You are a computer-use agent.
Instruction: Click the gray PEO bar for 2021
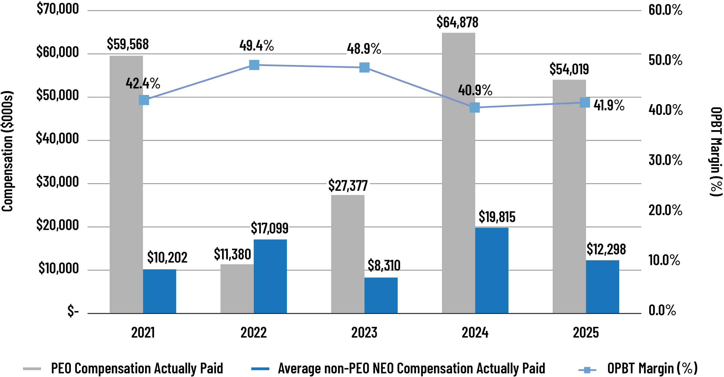point(126,184)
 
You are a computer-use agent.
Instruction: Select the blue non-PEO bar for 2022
point(270,276)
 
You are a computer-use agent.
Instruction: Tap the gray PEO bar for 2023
point(348,254)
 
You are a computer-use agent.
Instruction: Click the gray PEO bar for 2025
point(569,196)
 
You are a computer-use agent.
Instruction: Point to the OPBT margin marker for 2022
point(254,65)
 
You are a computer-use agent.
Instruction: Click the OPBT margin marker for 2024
point(474,107)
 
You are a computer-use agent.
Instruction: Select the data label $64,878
point(457,22)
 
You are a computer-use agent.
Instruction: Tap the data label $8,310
point(384,265)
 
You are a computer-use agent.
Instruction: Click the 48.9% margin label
point(364,49)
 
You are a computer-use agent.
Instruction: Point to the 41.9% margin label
point(609,105)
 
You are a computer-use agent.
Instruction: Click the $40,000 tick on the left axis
point(58,138)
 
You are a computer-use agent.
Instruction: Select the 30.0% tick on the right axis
point(665,160)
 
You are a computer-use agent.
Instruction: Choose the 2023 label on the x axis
point(364,333)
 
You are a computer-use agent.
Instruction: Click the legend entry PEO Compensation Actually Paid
point(137,368)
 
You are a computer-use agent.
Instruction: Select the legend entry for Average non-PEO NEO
point(411,368)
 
